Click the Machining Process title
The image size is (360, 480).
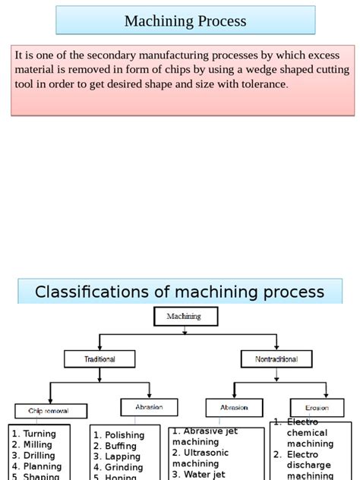(185, 21)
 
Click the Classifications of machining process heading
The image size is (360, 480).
(179, 292)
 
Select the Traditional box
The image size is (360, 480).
(99, 358)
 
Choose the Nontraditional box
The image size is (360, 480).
(276, 358)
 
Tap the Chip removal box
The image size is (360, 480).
(49, 411)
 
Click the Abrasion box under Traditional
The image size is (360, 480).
(149, 407)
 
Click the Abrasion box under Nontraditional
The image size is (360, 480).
(234, 407)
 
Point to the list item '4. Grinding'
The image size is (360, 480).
(118, 468)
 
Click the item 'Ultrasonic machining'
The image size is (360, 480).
(199, 458)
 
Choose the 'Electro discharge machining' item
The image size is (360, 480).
(307, 465)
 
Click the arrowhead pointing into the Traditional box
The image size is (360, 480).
(99, 347)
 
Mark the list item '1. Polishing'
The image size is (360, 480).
(118, 435)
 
